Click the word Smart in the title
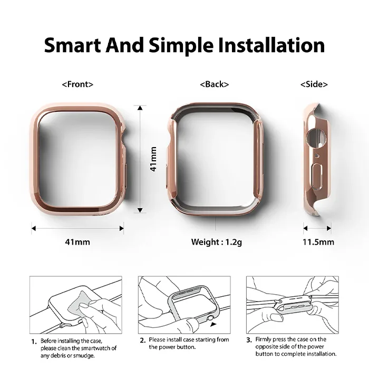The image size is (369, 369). (x=73, y=45)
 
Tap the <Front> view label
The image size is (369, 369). (x=77, y=84)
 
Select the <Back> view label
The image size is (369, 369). (x=215, y=84)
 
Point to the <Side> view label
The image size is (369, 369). (x=314, y=84)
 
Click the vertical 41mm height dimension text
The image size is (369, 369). (x=153, y=159)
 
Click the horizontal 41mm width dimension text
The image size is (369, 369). (x=77, y=242)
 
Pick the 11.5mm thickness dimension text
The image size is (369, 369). (x=318, y=242)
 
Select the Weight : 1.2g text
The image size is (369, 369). (x=217, y=242)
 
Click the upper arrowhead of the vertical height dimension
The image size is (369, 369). (x=140, y=108)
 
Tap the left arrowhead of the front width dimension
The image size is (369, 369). (x=34, y=228)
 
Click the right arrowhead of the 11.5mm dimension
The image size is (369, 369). (x=329, y=228)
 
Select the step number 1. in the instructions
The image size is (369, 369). (x=34, y=342)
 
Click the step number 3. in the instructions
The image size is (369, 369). (x=249, y=340)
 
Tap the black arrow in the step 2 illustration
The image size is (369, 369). (x=213, y=325)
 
